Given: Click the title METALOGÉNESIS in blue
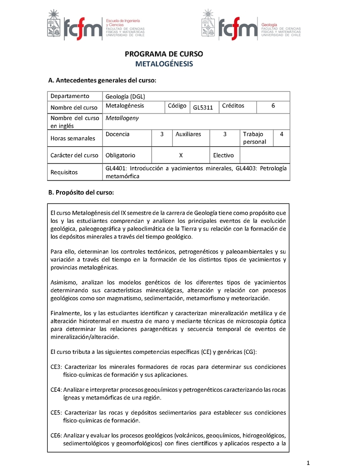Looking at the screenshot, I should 164,64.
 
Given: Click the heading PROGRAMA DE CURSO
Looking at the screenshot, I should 164,54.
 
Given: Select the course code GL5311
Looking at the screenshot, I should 203,108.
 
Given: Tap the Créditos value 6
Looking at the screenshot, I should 273,106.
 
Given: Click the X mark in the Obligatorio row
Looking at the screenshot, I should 180,155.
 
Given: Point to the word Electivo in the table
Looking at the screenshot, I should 223,155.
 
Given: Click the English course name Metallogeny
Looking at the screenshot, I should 122,118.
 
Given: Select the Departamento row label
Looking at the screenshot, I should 70,96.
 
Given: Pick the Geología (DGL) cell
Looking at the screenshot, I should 125,96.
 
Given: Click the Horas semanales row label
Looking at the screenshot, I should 73,138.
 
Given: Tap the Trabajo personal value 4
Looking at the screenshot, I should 282,134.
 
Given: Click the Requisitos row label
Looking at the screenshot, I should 64,172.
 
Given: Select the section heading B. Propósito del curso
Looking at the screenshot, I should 81,193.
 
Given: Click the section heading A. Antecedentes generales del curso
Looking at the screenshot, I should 102,81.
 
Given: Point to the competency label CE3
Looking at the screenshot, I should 56,367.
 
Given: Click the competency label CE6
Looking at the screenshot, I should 56,435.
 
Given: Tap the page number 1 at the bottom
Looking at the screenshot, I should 308,462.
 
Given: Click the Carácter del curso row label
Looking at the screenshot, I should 74,155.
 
